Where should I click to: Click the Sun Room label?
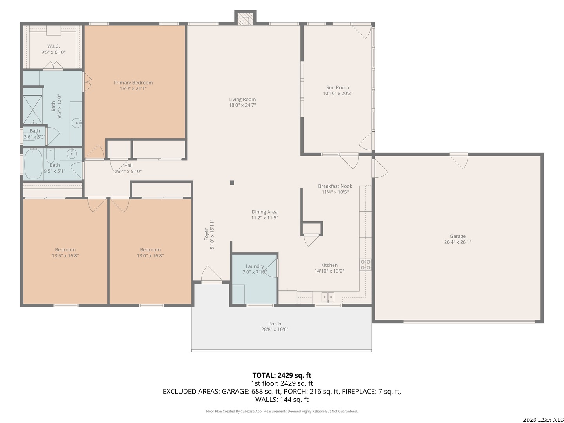point(337,88)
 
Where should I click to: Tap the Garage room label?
point(457,236)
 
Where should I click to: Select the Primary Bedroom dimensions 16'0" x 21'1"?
point(133,89)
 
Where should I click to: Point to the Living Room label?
point(242,99)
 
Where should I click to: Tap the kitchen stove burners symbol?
point(365,265)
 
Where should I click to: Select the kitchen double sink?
point(327,297)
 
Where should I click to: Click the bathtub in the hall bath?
point(33,164)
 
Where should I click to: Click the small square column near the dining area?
point(232,183)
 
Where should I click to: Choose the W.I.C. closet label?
point(53,46)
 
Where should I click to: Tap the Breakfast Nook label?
point(335,186)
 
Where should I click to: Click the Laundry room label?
point(255,266)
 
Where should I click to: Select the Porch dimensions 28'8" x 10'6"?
point(275,329)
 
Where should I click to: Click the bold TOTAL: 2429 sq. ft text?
point(282,376)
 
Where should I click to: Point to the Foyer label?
point(206,234)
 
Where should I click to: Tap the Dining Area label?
point(264,212)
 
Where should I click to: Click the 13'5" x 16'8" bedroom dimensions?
point(65,256)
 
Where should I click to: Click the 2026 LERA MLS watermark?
point(543,419)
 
